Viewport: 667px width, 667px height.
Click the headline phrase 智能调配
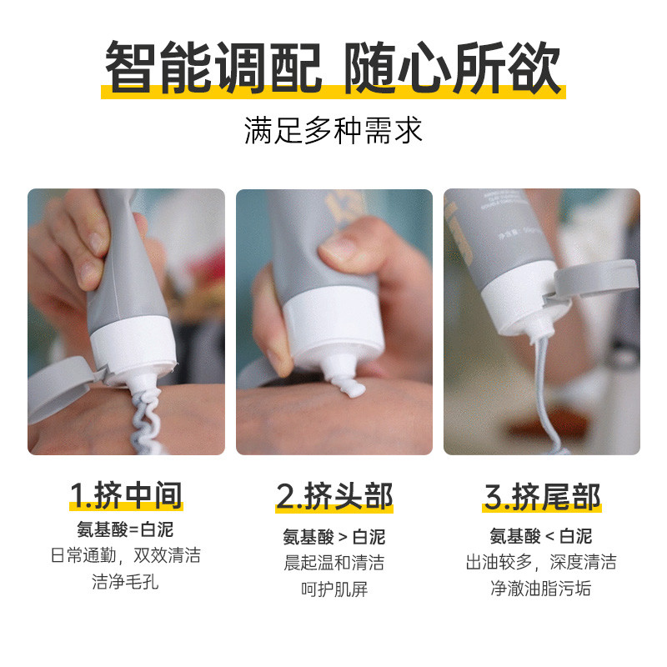(213, 67)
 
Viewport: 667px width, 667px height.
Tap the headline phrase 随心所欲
(452, 67)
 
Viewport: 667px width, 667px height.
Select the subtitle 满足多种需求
(333, 130)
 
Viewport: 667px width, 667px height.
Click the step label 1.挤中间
(126, 495)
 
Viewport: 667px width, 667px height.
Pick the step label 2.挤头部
(334, 496)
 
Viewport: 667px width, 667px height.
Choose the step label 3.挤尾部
(542, 496)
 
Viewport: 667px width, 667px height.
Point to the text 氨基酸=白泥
(125, 529)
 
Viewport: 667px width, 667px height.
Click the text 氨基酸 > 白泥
(334, 537)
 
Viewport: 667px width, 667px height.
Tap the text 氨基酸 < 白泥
(540, 536)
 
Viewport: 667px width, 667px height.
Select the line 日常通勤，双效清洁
(126, 555)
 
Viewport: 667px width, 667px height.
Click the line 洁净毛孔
(125, 581)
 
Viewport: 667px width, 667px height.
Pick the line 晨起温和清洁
(334, 563)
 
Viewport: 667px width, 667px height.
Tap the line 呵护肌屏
(334, 589)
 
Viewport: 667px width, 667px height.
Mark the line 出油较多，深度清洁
(541, 562)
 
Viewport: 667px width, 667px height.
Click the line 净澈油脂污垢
(540, 589)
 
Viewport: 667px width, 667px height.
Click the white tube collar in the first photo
(133, 347)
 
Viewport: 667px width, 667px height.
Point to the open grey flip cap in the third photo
(595, 280)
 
